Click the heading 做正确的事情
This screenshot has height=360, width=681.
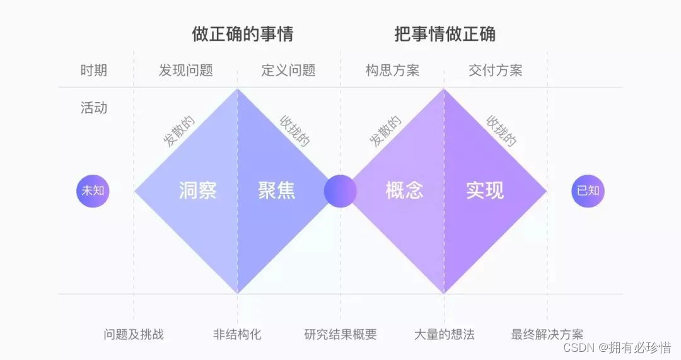point(242,33)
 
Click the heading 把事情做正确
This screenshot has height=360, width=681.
point(445,33)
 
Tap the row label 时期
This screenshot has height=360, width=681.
point(93,70)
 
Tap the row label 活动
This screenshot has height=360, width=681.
point(93,108)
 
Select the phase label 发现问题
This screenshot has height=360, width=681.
point(185,70)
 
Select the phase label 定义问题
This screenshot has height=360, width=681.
point(288,70)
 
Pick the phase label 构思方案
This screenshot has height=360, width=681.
point(392,70)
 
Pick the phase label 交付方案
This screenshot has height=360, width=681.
point(495,70)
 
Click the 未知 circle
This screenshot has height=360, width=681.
point(93,190)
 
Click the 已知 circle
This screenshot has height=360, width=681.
point(588,190)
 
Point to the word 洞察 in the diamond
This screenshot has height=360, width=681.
point(197,190)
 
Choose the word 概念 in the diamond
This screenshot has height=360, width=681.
point(404,190)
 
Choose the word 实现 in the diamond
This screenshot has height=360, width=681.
point(485,190)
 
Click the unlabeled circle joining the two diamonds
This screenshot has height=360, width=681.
point(340,190)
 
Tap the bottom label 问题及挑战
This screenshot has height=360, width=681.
point(134,334)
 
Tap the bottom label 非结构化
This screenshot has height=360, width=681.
point(237,334)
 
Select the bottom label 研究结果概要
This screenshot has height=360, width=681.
point(340,334)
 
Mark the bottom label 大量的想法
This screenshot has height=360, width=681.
point(444,334)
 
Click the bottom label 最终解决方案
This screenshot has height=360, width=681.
point(547,334)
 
